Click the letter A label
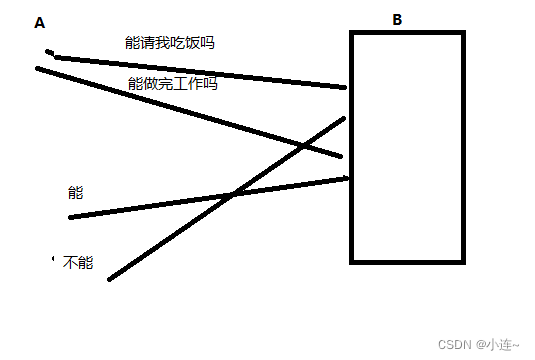39,22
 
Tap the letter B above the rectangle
397,19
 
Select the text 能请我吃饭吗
169,43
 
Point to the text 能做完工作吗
173,84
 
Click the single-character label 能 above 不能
75,192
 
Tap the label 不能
77,263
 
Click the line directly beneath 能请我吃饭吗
200,72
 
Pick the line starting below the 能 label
150,206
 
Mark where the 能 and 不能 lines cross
231,194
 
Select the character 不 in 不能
69,263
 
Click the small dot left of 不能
52,259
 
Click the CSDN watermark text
454,344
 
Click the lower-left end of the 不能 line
110,278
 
